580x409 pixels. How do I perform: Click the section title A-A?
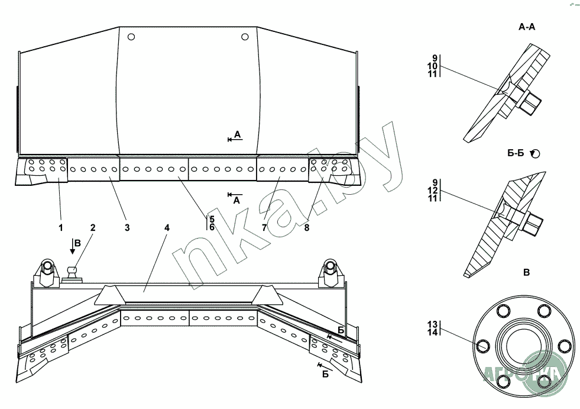527,27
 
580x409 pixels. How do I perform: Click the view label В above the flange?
526,273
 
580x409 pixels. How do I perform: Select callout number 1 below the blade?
60,227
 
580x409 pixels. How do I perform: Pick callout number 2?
93,227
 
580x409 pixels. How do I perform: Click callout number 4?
167,227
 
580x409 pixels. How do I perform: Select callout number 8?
306,227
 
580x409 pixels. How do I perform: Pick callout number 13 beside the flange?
433,324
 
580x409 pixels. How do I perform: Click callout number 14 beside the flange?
433,333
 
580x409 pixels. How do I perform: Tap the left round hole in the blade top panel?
131,37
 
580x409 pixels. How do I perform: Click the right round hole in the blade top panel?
245,37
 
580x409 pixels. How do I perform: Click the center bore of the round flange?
523,346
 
